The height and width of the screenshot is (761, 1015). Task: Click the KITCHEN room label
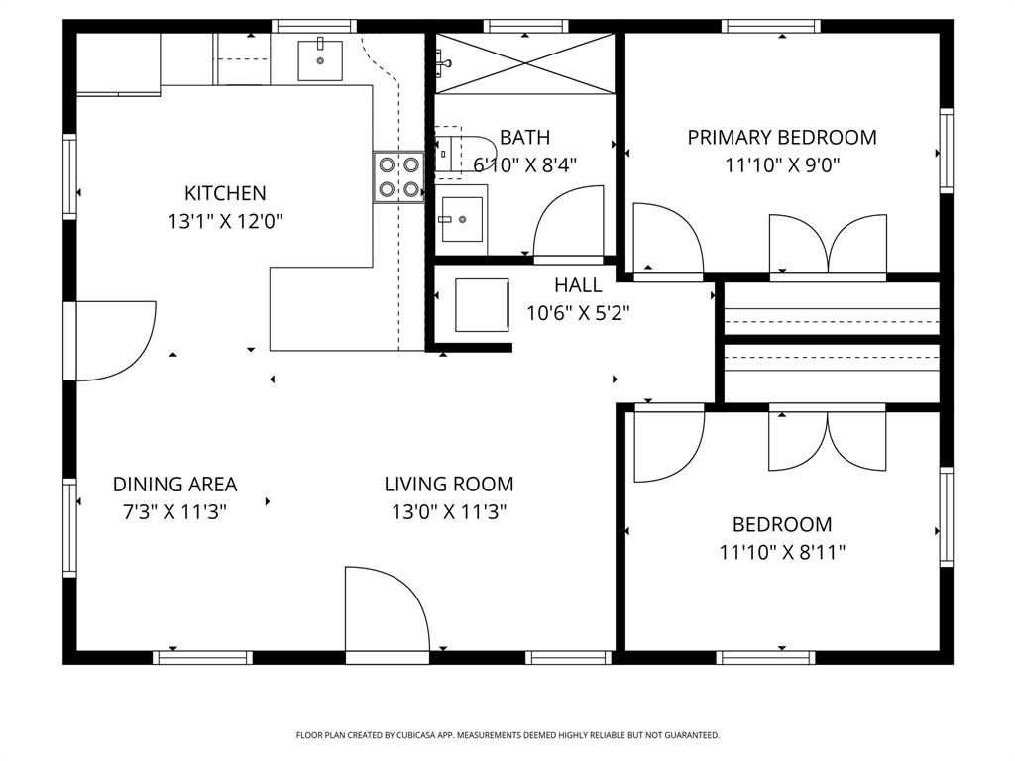225,193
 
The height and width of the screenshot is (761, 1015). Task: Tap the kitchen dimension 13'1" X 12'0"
225,221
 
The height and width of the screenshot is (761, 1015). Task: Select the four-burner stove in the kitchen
398,177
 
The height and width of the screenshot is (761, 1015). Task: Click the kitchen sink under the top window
320,59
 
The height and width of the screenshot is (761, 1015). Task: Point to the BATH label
524,137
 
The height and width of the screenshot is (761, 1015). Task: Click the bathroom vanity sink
461,219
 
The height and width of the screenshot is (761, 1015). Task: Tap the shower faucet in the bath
442,62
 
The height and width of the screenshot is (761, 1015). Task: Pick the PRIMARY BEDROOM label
782,137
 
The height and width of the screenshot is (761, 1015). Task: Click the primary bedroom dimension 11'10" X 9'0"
782,164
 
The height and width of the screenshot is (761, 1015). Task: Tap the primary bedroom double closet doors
828,244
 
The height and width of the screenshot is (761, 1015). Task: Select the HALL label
578,285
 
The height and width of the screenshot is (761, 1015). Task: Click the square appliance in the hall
481,304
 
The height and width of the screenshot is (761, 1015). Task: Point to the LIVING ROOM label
449,484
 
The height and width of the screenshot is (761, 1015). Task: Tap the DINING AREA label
174,484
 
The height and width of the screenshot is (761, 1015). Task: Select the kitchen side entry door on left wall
114,340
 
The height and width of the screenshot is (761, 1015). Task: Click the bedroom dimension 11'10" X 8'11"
782,552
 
